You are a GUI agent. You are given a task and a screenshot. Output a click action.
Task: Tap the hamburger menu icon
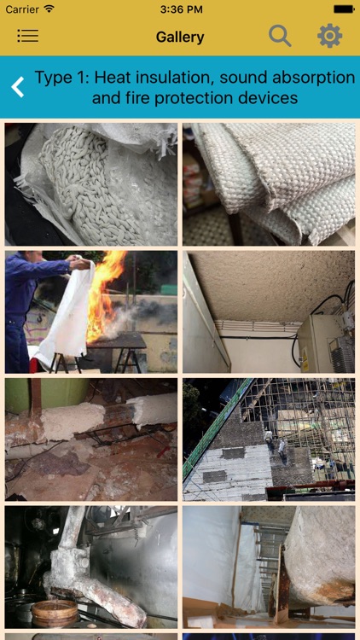pyautogui.click(x=27, y=36)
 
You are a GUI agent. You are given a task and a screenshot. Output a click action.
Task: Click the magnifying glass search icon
pyautogui.click(x=280, y=36)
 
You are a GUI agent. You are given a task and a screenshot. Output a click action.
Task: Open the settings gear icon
pyautogui.click(x=329, y=36)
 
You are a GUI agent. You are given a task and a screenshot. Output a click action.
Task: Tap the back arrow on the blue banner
pyautogui.click(x=17, y=86)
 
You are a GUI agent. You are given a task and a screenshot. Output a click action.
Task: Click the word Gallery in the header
pyautogui.click(x=180, y=37)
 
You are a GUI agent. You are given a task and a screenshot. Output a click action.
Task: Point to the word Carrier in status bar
pyautogui.click(x=22, y=9)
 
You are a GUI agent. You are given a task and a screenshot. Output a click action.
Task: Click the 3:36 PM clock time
pyautogui.click(x=179, y=9)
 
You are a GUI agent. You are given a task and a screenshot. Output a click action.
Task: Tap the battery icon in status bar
pyautogui.click(x=344, y=9)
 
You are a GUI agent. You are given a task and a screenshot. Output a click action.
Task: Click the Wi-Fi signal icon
pyautogui.click(x=49, y=9)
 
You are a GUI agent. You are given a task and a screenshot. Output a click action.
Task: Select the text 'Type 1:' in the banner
pyautogui.click(x=61, y=78)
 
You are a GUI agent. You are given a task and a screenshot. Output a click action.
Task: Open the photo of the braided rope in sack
pyautogui.click(x=91, y=184)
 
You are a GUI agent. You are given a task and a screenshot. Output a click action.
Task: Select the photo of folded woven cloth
pyautogui.click(x=269, y=184)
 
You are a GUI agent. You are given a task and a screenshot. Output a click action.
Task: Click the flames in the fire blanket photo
pyautogui.click(x=107, y=294)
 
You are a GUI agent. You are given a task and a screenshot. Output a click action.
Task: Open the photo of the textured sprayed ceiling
pyautogui.click(x=269, y=311)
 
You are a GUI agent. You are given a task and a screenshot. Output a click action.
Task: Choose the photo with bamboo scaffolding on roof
pyautogui.click(x=269, y=439)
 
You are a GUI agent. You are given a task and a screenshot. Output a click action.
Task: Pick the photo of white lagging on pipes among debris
pyautogui.click(x=91, y=439)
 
